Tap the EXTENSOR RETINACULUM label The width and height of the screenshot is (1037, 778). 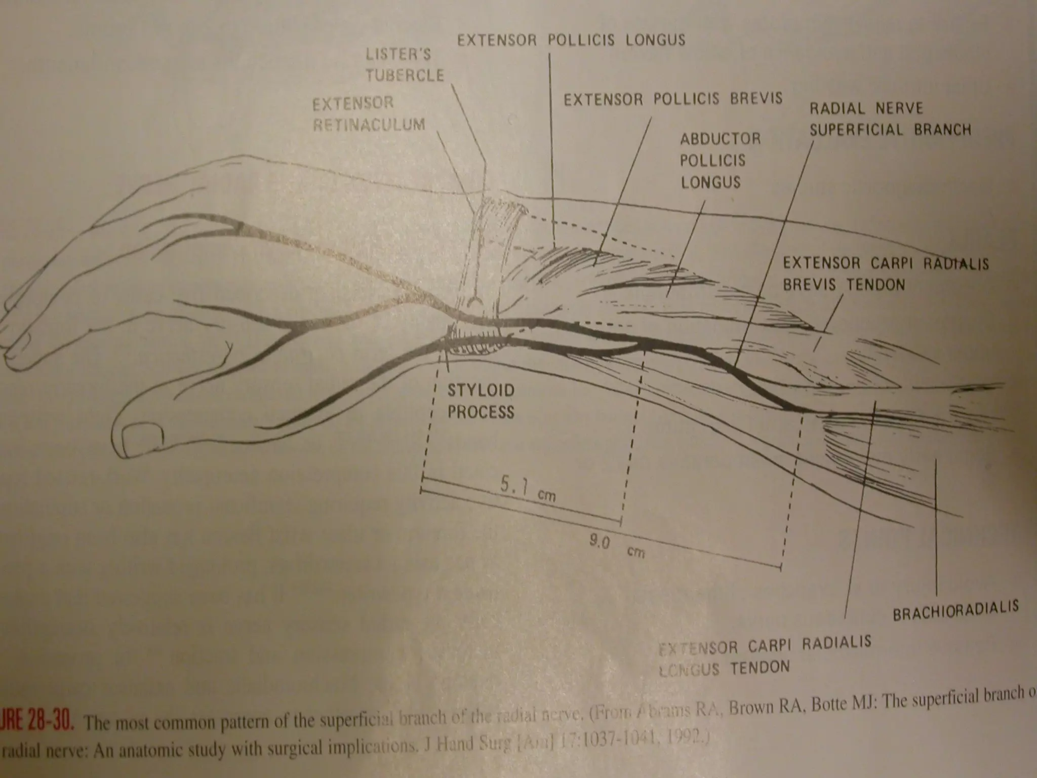[368, 114]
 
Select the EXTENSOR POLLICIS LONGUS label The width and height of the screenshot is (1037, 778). [571, 40]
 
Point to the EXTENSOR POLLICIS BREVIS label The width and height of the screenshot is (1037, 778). [673, 99]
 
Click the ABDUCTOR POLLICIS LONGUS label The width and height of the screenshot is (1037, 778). [720, 160]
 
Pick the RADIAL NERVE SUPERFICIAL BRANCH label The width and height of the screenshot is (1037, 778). [890, 120]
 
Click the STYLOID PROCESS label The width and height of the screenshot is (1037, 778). [480, 401]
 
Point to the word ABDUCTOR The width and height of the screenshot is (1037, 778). [720, 139]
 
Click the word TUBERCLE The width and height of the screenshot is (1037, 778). [405, 75]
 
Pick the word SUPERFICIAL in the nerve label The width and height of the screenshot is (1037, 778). [856, 130]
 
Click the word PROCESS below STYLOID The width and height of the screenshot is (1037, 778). [480, 412]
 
